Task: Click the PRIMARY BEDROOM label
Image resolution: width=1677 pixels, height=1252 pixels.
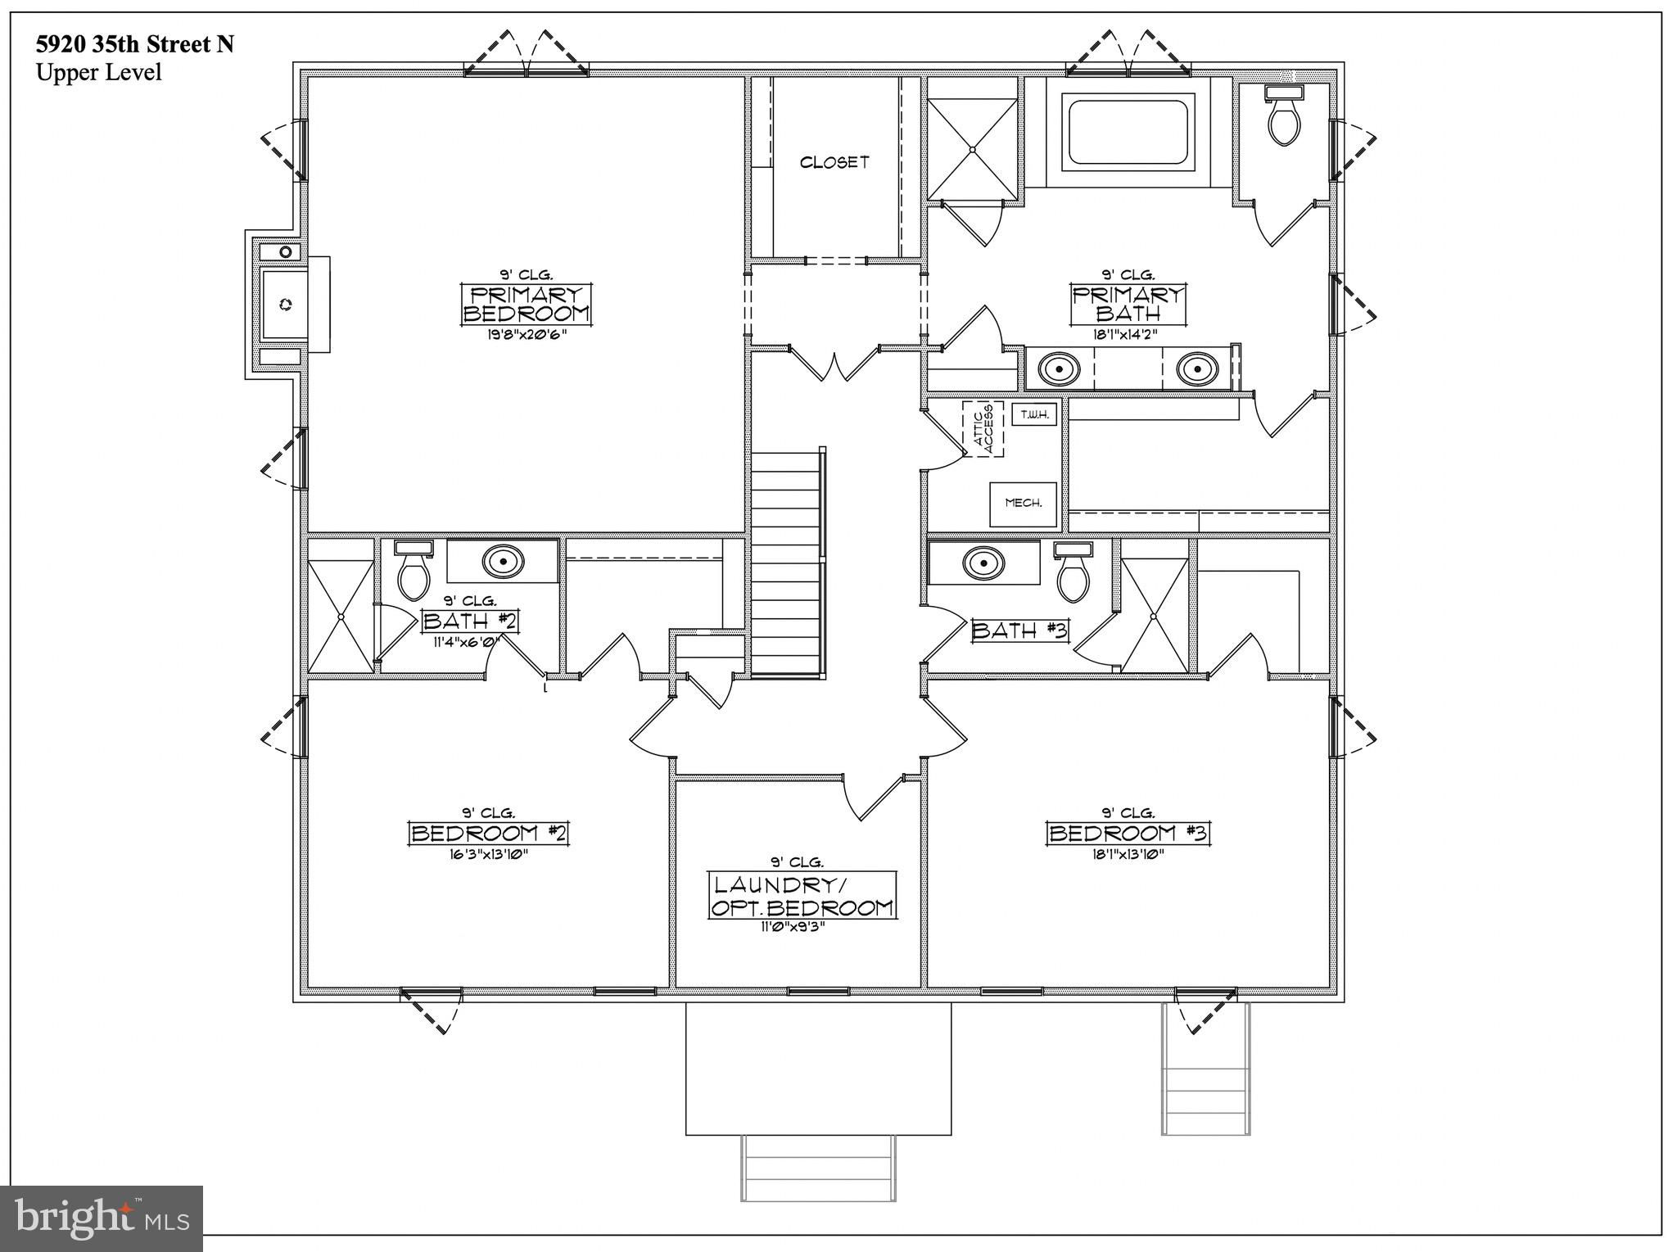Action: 527,305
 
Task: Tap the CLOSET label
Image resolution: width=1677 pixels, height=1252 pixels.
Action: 834,162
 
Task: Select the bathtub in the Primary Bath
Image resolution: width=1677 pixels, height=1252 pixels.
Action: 1128,133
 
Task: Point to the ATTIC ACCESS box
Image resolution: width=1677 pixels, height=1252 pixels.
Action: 983,429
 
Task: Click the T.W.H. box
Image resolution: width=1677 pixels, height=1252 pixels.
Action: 1035,414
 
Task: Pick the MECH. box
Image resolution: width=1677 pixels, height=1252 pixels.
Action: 1023,504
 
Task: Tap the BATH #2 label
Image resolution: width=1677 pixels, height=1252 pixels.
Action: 470,621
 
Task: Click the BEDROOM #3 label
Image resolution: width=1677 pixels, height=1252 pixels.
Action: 1128,834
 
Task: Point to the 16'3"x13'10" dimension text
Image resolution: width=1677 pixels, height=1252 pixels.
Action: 488,854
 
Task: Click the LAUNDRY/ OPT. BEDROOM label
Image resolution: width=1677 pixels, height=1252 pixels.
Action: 802,896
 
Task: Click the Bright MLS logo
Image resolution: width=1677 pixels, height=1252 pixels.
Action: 102,1218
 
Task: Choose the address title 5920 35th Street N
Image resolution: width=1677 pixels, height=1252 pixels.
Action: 134,44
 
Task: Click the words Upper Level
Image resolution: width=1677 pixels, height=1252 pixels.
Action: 98,72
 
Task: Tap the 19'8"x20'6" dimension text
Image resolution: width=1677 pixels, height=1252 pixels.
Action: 527,334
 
